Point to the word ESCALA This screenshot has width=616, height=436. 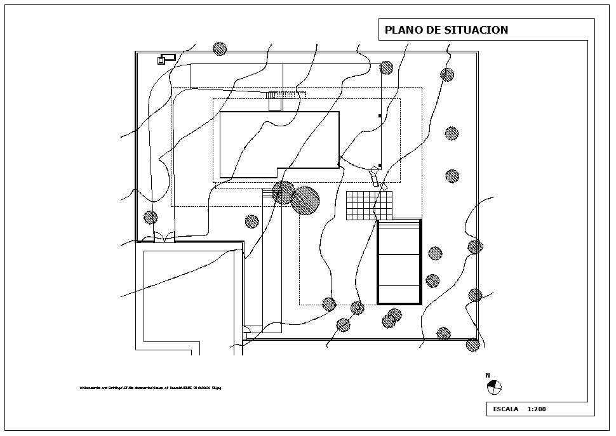click(506, 409)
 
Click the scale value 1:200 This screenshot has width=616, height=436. click(537, 409)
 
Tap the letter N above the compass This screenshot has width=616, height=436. click(488, 376)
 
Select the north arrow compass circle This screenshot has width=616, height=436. click(494, 386)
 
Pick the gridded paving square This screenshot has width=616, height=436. click(369, 206)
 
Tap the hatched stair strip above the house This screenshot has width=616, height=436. click(286, 95)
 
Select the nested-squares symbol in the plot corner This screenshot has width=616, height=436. click(162, 60)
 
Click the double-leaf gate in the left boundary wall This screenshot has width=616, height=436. click(164, 239)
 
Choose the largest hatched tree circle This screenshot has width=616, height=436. click(305, 200)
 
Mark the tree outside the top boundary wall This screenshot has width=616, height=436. click(220, 48)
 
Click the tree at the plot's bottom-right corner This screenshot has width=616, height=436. click(472, 345)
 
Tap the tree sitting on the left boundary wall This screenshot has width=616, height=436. click(151, 218)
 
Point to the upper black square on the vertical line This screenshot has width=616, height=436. click(380, 116)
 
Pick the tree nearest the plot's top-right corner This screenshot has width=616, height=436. click(447, 74)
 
